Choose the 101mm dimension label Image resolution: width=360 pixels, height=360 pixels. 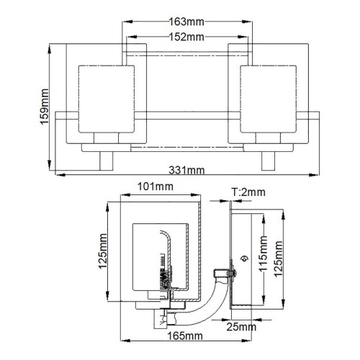154,187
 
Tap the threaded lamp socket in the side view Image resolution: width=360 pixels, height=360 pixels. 166,274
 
